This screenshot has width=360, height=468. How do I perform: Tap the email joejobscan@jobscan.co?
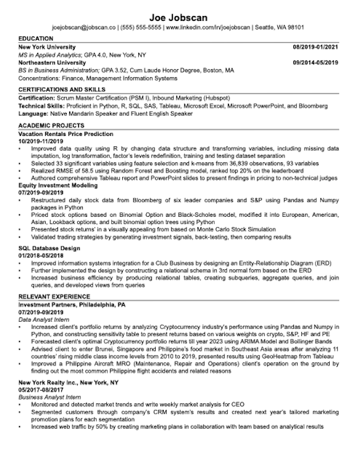point(84,28)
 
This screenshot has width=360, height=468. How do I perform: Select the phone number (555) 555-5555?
point(141,28)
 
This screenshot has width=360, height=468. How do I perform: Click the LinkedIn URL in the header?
point(209,28)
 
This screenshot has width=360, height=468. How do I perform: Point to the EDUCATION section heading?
point(37,38)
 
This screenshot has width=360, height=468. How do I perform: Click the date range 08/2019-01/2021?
point(316,47)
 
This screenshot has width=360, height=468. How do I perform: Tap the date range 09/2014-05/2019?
point(316,63)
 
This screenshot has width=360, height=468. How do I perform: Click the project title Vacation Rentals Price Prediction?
point(66,133)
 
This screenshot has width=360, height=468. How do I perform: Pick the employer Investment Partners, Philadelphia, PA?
point(72,305)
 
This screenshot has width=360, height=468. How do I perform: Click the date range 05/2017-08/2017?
point(41,390)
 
